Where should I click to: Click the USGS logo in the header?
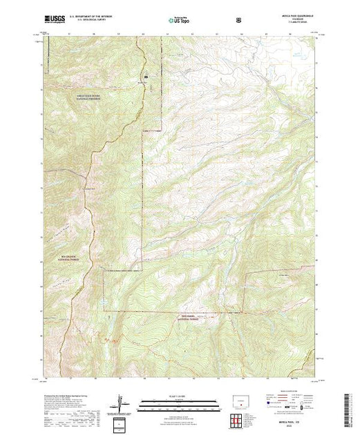tap(53, 20)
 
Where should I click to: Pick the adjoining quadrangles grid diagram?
tap(238, 420)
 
